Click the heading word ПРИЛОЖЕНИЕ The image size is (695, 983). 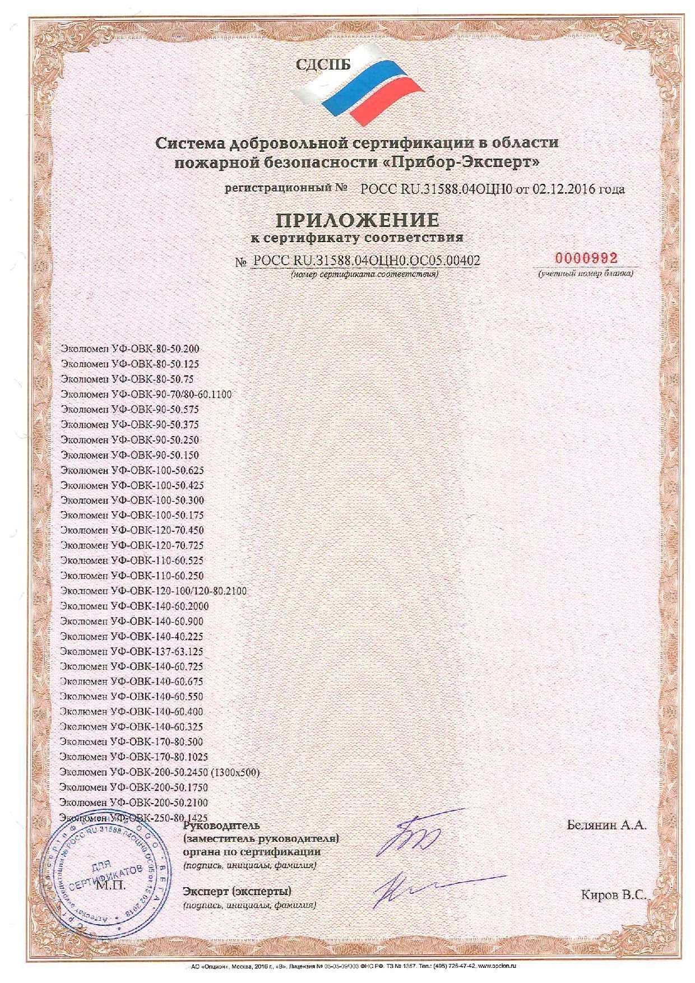pos(356,219)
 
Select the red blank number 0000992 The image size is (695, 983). pos(586,258)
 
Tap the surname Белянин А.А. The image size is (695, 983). pos(607,825)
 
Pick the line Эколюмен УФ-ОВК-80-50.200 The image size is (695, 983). pos(130,349)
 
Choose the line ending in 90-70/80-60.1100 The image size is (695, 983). pos(146,394)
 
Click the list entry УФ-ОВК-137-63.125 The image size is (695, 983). pos(132,652)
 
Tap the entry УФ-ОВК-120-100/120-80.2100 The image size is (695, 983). pos(153,591)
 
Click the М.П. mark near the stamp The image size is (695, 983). pos(112,885)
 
